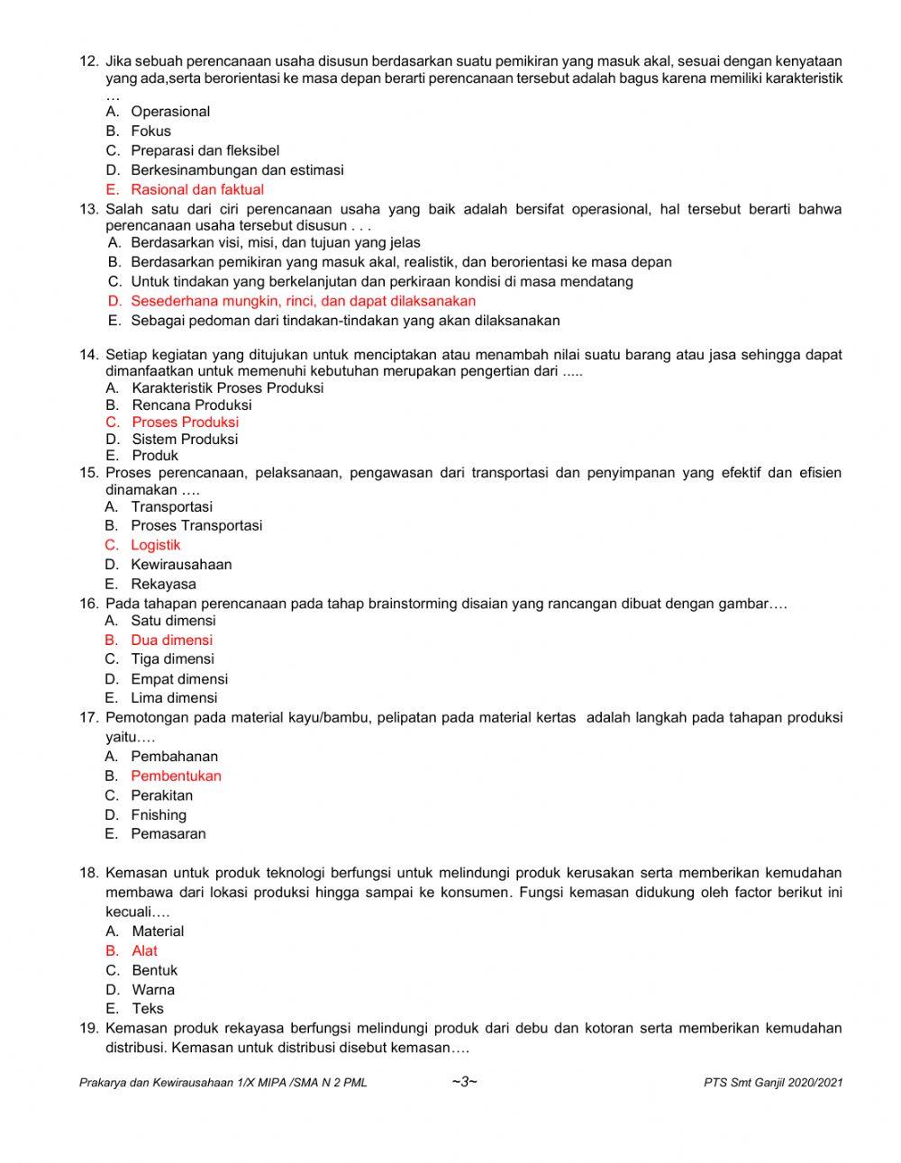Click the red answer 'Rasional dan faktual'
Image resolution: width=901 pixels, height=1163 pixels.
click(196, 189)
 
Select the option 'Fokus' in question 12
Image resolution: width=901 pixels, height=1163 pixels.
click(150, 131)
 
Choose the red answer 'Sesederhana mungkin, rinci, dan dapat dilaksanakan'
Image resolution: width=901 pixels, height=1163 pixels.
click(303, 301)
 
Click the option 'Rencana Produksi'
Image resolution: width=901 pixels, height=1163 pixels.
click(191, 404)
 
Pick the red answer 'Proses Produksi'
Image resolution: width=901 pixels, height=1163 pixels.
click(185, 422)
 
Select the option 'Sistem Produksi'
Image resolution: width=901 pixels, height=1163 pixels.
click(185, 439)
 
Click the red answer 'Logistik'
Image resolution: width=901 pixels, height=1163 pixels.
click(155, 545)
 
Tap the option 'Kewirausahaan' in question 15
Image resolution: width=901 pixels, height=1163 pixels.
click(180, 565)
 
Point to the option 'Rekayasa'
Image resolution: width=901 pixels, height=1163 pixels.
click(163, 584)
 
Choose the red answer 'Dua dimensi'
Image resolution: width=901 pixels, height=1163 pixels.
click(171, 641)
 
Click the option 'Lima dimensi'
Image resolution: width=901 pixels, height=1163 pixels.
click(174, 698)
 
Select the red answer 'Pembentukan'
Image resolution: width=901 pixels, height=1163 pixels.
click(176, 776)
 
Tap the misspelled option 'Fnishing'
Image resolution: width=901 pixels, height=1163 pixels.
click(159, 815)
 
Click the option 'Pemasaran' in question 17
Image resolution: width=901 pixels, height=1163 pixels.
click(168, 834)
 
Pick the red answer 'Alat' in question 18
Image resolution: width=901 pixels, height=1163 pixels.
click(144, 951)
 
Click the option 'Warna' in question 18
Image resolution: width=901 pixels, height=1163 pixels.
click(152, 990)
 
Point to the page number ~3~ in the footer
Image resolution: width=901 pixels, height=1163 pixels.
click(464, 1082)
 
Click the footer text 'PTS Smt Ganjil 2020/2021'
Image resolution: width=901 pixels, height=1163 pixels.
click(773, 1083)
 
